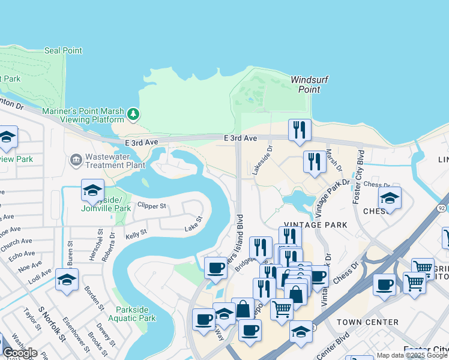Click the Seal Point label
coord(63,50)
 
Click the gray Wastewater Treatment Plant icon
coord(76,160)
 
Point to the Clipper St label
coord(151,205)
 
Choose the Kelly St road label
coord(136,232)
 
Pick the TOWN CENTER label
coord(367,322)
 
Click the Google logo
coord(20,353)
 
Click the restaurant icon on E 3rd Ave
coord(299,130)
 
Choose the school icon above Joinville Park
coord(92,190)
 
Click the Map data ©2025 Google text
coord(412,355)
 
